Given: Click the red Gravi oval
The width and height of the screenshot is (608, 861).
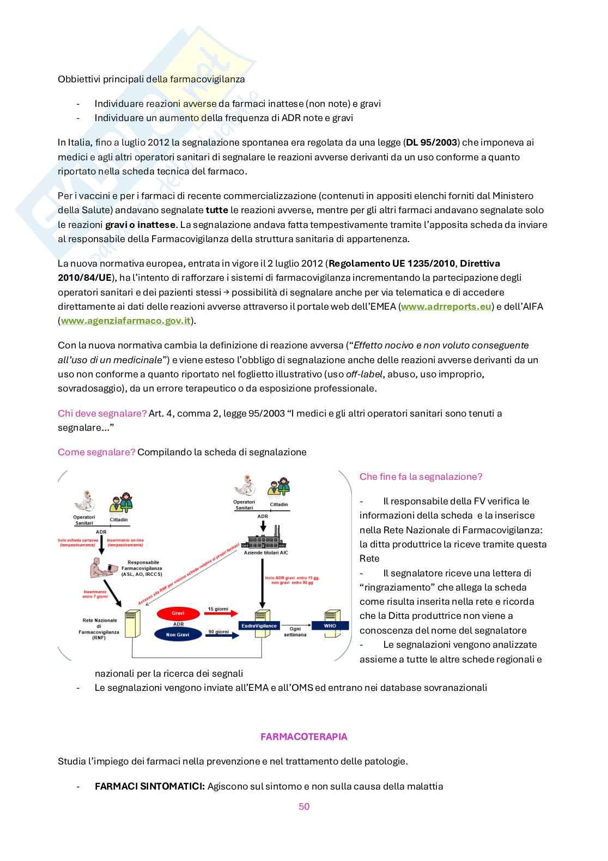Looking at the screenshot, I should [178, 613].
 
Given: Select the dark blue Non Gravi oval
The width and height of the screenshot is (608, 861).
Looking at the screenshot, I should [178, 634].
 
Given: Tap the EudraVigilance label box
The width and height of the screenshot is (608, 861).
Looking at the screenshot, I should [259, 625].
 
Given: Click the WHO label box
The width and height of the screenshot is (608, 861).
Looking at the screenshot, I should [330, 625].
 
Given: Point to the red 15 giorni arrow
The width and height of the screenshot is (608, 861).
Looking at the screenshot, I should [221, 613].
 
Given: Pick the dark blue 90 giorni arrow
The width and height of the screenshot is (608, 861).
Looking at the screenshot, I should [221, 635].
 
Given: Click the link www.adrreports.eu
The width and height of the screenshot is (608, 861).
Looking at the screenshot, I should [446, 306].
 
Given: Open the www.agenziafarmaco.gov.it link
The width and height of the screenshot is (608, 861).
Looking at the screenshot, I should [125, 321].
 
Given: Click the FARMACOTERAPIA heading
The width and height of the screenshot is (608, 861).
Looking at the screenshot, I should [303, 737].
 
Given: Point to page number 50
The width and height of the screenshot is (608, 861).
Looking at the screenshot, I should [304, 806].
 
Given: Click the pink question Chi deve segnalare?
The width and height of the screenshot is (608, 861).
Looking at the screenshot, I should [102, 413].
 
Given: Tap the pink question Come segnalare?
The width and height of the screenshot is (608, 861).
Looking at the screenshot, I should [96, 452].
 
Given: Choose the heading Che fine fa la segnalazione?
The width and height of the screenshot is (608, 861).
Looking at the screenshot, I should [421, 477].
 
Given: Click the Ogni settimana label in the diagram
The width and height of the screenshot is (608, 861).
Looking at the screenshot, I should [295, 631].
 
